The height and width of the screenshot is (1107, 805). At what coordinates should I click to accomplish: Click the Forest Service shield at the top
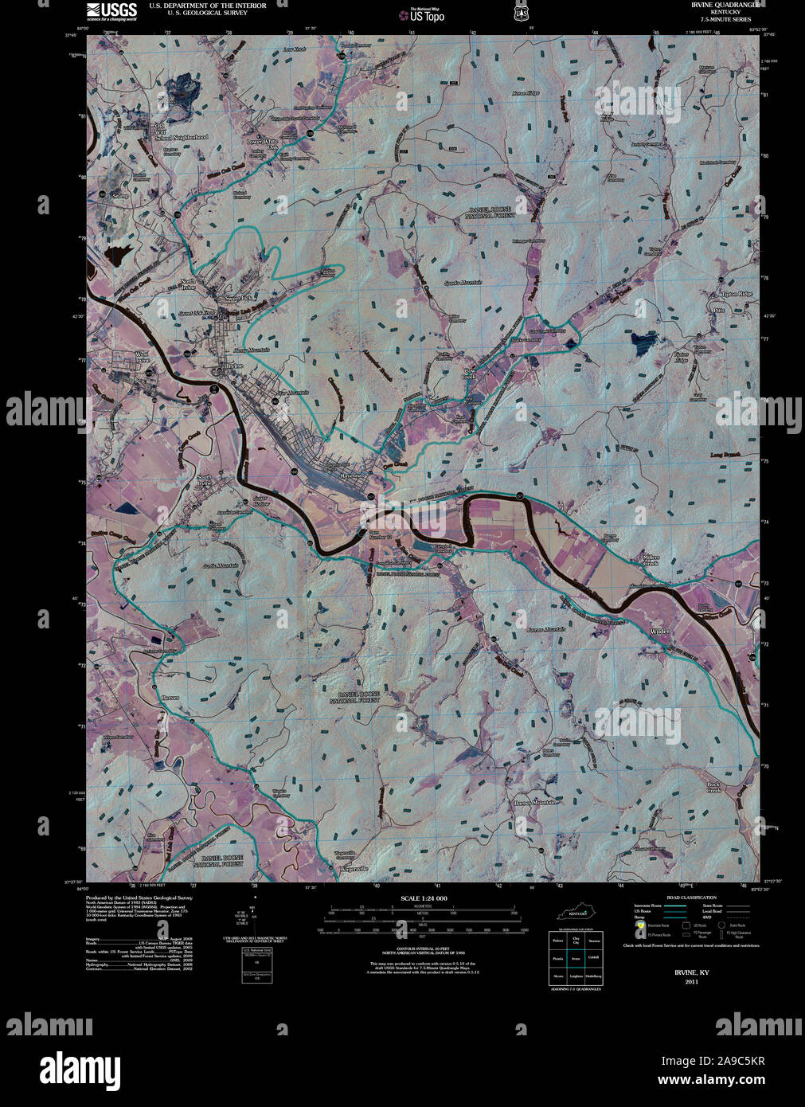pyautogui.click(x=522, y=13)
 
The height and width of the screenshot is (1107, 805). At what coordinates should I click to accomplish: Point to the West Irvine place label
pyautogui.click(x=142, y=356)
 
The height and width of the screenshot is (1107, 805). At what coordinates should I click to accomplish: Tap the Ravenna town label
pyautogui.click(x=352, y=475)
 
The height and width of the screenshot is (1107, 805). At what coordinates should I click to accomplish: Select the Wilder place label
pyautogui.click(x=660, y=632)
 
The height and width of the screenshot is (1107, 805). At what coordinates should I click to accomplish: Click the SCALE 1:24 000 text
pyautogui.click(x=424, y=898)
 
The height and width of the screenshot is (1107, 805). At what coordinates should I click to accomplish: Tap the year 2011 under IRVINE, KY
pyautogui.click(x=690, y=982)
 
